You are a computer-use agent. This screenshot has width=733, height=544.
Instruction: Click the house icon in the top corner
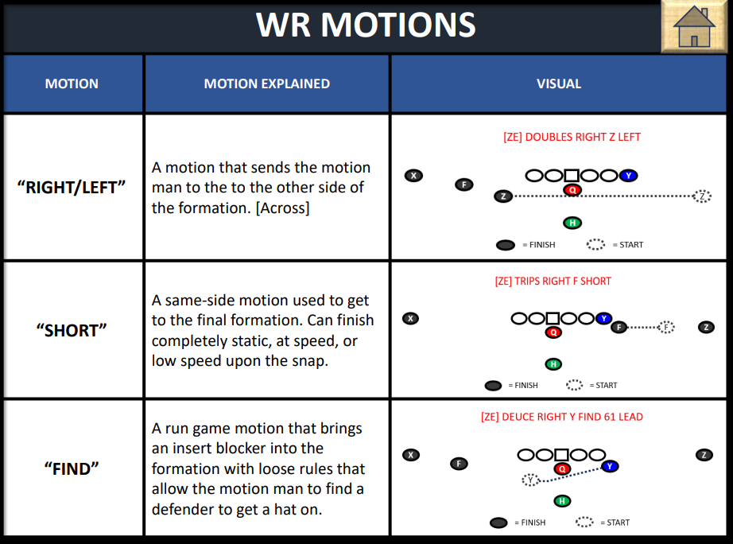694,27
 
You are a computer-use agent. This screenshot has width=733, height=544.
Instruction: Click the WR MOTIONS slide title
366,25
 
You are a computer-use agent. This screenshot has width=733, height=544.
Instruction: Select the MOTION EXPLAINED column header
266,84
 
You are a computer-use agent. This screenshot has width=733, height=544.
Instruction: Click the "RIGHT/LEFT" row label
72,188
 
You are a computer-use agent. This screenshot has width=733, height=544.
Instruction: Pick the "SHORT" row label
72,330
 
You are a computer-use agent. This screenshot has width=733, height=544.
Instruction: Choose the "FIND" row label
72,468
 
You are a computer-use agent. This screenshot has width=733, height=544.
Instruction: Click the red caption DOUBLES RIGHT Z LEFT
572,137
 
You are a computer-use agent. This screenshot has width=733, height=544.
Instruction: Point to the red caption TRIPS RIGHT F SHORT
553,281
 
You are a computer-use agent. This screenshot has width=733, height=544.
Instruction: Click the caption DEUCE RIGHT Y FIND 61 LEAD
561,417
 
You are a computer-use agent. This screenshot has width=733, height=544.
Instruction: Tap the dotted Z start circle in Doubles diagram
701,196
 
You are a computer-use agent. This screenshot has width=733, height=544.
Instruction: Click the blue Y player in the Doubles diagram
628,176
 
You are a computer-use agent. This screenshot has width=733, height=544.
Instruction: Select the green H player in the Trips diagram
553,364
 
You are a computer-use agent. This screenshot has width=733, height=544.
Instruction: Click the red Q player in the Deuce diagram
561,468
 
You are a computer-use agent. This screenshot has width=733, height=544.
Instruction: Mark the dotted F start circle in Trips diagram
665,327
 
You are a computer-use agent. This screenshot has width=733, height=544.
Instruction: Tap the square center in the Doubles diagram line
571,176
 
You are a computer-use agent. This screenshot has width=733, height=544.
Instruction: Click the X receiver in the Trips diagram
410,318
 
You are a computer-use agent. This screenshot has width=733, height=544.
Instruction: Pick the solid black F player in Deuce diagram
459,463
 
